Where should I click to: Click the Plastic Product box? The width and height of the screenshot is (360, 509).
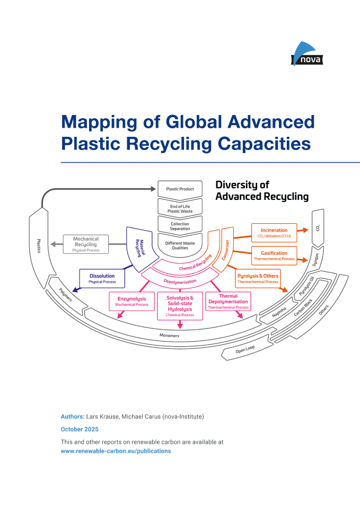[180, 189]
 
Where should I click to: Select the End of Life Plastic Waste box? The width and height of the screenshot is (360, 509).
[180, 207]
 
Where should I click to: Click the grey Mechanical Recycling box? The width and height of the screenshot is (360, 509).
[86, 244]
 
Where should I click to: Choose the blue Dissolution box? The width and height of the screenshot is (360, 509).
[102, 278]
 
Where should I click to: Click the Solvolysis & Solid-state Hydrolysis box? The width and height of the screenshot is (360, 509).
[180, 306]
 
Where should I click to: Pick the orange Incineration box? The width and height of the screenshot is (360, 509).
[274, 233]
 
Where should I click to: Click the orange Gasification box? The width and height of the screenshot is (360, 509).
[274, 256]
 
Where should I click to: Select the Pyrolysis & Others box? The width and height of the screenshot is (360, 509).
[257, 278]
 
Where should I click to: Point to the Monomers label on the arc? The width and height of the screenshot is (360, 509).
[170, 336]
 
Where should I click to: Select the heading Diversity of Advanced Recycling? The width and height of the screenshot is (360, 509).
[261, 191]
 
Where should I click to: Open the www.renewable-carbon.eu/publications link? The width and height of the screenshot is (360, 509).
[116, 451]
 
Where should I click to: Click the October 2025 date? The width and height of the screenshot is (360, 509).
[80, 429]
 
